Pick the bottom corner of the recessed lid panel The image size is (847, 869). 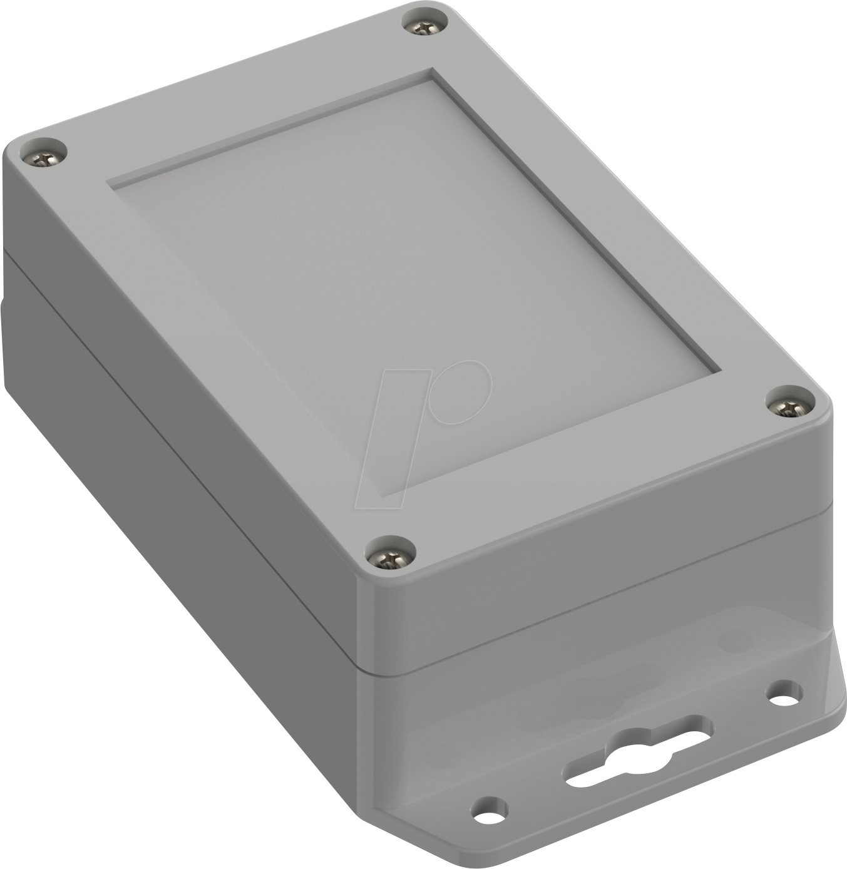[401, 495]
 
